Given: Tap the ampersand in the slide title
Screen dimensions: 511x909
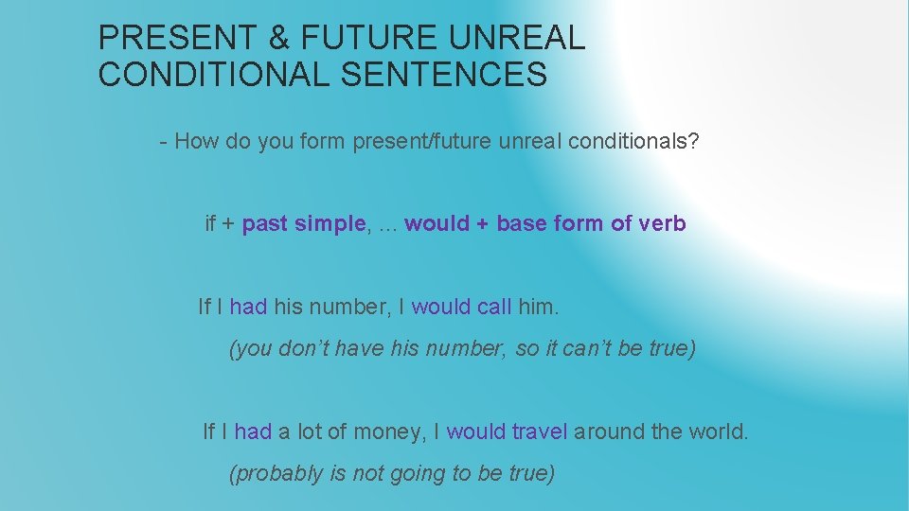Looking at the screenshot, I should [280, 38].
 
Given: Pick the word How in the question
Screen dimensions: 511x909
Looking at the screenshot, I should [196, 142].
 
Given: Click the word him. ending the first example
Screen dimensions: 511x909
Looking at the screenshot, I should [540, 307].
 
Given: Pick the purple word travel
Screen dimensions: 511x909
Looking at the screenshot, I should [539, 432].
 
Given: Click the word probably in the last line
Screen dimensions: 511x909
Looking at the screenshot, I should [278, 473].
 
